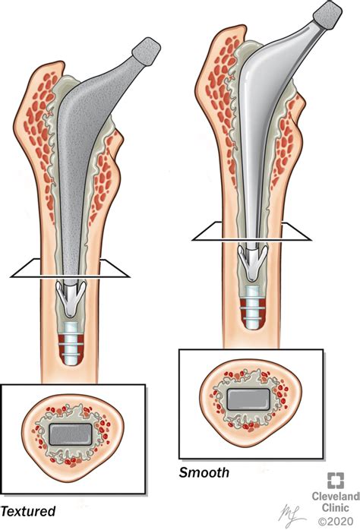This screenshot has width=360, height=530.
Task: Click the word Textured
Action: pyautogui.click(x=27, y=511)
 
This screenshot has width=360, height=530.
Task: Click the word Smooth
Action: pyautogui.click(x=204, y=472)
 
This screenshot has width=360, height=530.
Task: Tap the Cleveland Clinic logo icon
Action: pyautogui.click(x=336, y=481)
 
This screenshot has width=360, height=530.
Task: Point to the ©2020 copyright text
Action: pyautogui.click(x=336, y=521)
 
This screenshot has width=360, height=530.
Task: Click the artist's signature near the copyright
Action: pyautogui.click(x=291, y=515)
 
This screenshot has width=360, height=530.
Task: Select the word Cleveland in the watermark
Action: pyautogui.click(x=336, y=496)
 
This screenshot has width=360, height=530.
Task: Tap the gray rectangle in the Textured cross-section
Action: pyautogui.click(x=71, y=434)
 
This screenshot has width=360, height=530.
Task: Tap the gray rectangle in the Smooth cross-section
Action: pyautogui.click(x=248, y=399)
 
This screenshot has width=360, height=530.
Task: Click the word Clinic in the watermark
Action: pyautogui.click(x=336, y=508)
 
